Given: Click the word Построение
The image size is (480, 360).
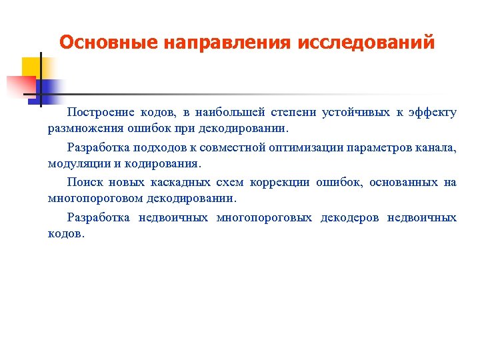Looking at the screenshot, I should pyautogui.click(x=101, y=112).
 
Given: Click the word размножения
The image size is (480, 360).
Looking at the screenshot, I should pyautogui.click(x=81, y=129).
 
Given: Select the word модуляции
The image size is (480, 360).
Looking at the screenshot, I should pyautogui.click(x=74, y=163).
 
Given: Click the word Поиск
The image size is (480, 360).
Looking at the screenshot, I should pyautogui.click(x=84, y=181).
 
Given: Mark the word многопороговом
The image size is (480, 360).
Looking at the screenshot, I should pyautogui.click(x=97, y=198).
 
